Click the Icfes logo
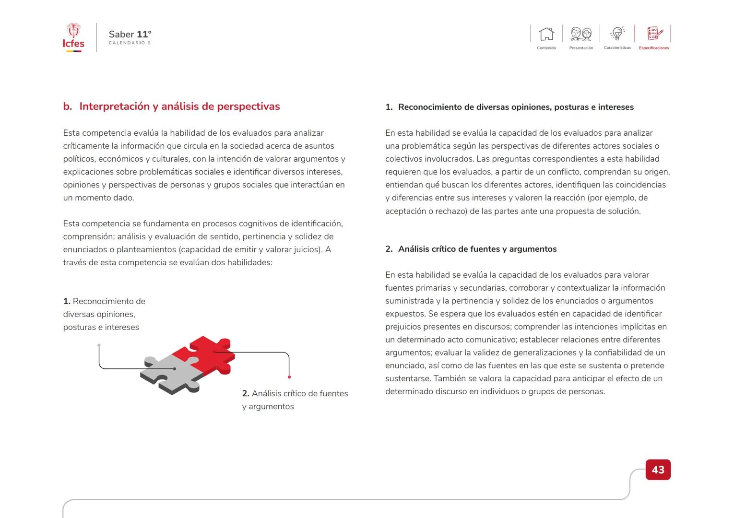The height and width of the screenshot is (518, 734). [x=73, y=37]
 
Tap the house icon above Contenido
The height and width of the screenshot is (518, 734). [x=546, y=34]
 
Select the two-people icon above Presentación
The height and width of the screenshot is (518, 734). [x=581, y=34]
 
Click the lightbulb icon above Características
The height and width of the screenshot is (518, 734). [x=617, y=34]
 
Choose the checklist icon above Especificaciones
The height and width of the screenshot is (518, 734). [x=654, y=34]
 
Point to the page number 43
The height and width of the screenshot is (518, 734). [x=658, y=470]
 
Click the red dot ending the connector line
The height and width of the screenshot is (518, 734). [x=289, y=377]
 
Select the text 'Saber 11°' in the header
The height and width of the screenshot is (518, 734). [x=130, y=34]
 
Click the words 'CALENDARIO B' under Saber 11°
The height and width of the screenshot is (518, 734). [x=130, y=43]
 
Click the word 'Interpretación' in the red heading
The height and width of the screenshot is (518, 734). [x=115, y=106]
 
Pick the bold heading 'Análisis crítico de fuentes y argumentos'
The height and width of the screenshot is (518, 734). [x=477, y=249]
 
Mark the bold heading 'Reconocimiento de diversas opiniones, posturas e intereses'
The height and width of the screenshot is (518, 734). [x=515, y=107]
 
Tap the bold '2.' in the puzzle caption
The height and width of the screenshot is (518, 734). [x=246, y=393]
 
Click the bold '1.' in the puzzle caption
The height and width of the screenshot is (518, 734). [x=67, y=301]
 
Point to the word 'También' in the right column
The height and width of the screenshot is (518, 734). [x=449, y=378]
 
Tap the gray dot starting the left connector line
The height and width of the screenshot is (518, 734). [x=99, y=345]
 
